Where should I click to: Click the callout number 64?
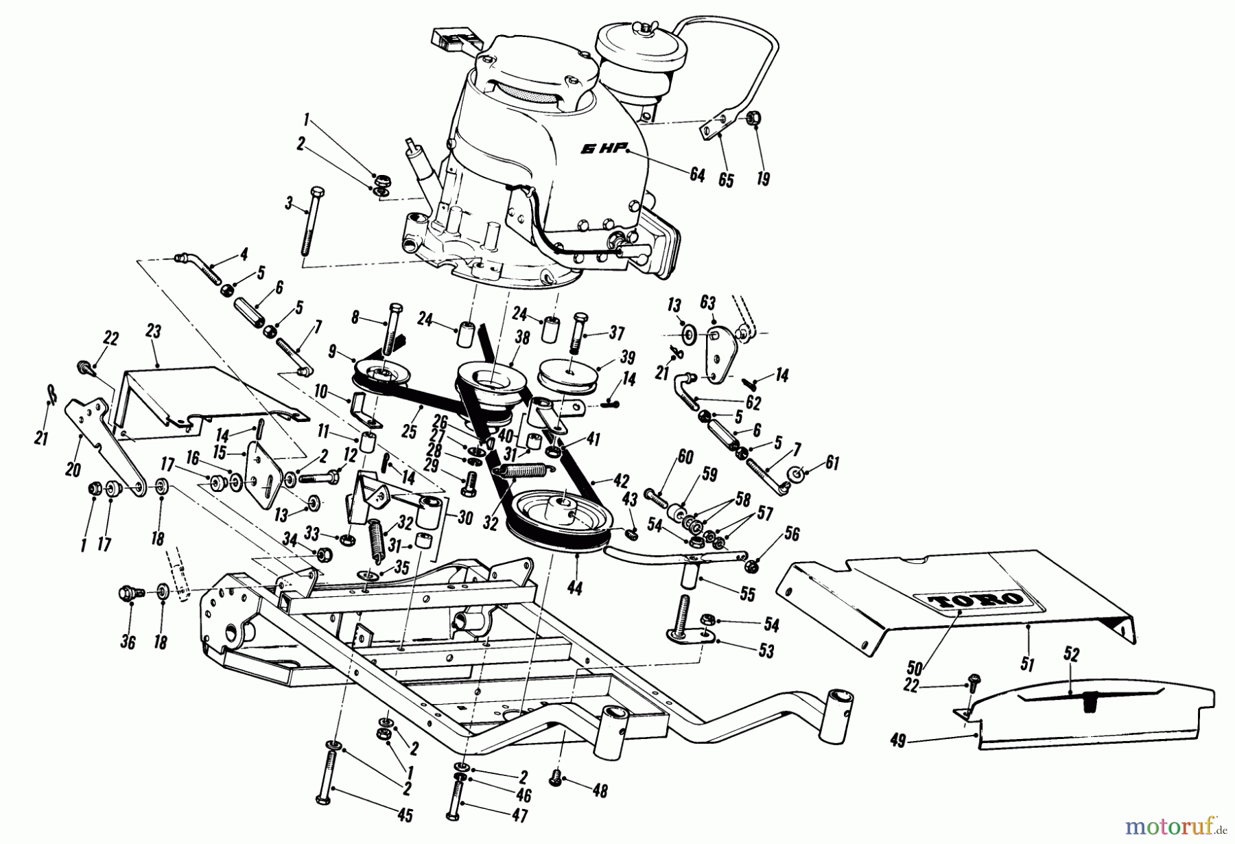click(697, 175)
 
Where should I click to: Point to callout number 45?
click(405, 816)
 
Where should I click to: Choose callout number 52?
click(1071, 655)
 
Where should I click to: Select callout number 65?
click(726, 180)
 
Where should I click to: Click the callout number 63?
click(707, 303)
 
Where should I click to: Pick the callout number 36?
click(128, 642)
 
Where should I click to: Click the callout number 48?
click(600, 791)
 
